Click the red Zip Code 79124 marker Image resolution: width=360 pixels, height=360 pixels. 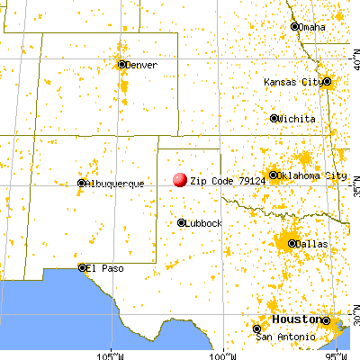point(180,180)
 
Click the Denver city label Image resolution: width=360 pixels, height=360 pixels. point(141,65)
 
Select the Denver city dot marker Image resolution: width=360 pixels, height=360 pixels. point(122,64)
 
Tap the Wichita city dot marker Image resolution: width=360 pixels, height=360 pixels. point(274,118)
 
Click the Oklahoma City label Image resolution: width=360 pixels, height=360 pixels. point(312,175)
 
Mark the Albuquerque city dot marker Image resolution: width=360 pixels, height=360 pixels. point(81,183)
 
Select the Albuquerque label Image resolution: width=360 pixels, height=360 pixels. point(115,184)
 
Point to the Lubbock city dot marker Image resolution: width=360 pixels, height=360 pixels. point(182,222)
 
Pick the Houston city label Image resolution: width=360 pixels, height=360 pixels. point(296,319)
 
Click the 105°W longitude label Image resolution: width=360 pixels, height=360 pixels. point(111,354)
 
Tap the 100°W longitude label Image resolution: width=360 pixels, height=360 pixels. point(224,354)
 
